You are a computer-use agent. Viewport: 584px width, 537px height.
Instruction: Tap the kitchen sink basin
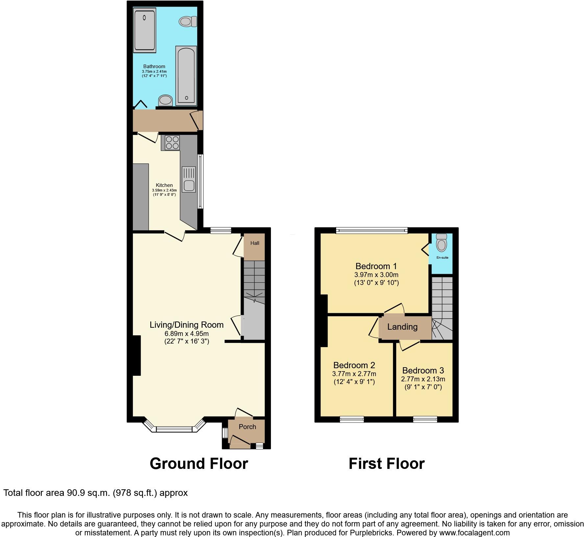189,186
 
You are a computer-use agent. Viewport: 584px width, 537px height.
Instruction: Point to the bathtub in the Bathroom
186,76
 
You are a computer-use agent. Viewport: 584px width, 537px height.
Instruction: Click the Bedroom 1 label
376,266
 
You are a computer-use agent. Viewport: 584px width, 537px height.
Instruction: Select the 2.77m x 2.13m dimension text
423,379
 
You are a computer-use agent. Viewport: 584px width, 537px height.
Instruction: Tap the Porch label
247,427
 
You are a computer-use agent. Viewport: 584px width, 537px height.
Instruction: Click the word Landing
402,327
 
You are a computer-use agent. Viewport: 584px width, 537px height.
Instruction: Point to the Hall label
255,243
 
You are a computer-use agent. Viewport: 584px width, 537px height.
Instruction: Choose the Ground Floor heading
199,464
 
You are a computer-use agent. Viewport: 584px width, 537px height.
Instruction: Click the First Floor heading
386,464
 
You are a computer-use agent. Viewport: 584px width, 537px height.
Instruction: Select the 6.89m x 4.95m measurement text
186,334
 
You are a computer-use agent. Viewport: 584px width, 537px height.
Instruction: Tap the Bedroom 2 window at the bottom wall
352,419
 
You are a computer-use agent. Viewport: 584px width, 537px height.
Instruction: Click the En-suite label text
442,258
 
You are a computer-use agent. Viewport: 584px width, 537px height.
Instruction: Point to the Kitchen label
164,185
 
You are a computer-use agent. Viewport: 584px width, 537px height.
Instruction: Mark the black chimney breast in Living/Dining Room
136,355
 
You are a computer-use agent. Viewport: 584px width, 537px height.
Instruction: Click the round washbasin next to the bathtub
165,100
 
